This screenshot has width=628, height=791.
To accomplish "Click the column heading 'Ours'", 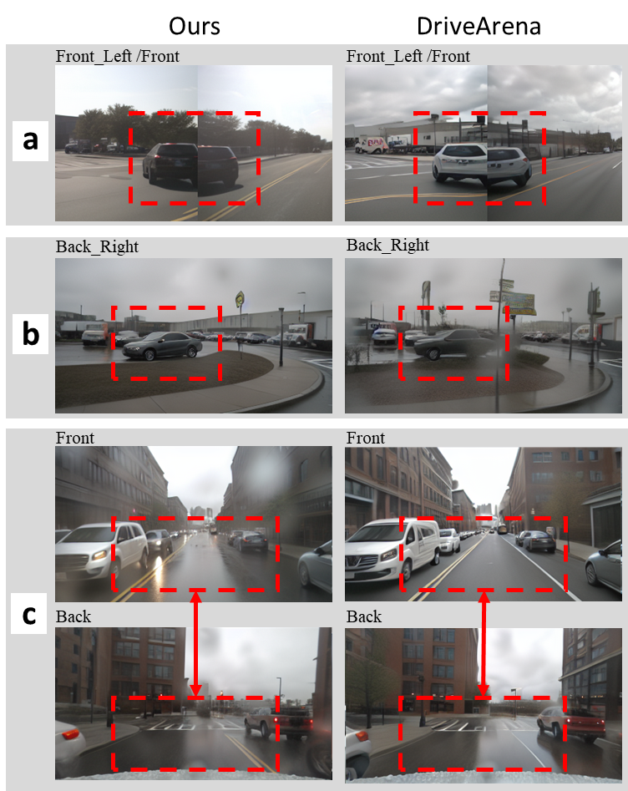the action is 195,26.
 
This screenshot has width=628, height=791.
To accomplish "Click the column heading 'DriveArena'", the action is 479,26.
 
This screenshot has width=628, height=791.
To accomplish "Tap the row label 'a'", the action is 30,140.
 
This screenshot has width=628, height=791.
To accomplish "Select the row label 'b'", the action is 31,333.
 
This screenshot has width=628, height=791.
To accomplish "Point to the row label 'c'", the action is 29,614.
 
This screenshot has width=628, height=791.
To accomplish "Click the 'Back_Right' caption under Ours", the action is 97,246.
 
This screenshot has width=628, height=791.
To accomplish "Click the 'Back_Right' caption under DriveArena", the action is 387,246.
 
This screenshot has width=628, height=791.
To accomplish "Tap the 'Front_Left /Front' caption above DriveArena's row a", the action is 408,56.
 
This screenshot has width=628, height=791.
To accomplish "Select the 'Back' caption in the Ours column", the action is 73,616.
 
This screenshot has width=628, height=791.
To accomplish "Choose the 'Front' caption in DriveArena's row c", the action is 365,438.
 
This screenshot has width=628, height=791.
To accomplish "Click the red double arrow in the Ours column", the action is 195,644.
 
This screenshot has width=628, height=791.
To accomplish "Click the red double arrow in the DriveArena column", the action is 484,644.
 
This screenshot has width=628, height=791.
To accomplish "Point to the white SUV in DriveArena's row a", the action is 482,162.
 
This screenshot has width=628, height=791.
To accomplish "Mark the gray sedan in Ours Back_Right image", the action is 162,346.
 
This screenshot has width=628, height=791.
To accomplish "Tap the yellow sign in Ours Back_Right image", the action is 239,299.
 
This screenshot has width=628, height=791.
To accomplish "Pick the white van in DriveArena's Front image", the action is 393,550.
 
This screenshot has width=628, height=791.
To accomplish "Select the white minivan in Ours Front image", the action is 101,551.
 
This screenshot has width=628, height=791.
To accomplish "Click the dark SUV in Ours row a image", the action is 190,165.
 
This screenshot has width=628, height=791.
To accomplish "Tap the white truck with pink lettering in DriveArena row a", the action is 371,145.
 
